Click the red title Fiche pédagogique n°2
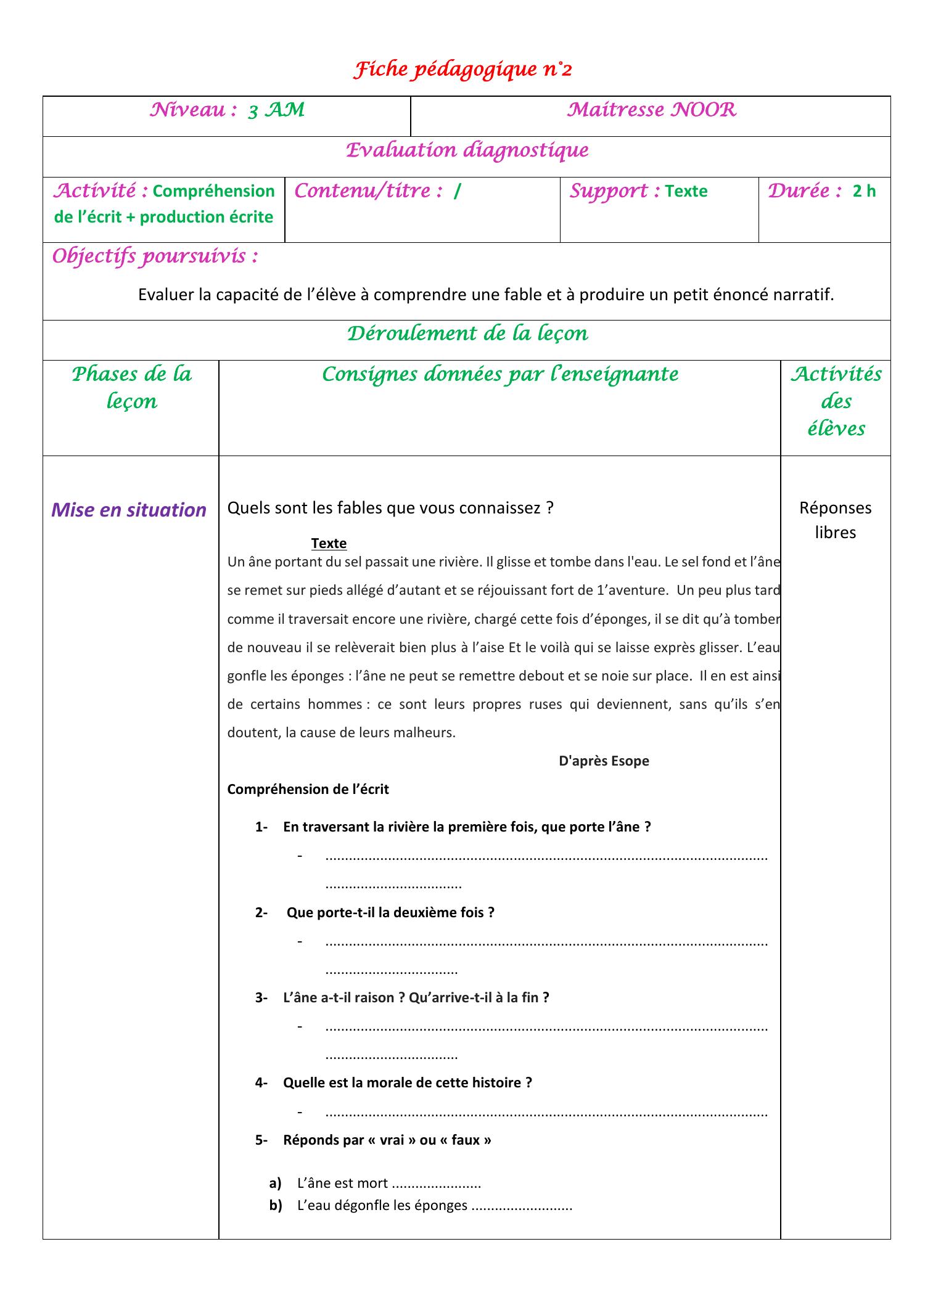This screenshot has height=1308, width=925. point(462,70)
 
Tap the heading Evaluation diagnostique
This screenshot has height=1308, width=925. point(467,150)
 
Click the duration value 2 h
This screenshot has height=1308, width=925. point(864,192)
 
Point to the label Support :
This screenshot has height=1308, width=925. point(614,191)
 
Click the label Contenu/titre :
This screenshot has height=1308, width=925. point(369,191)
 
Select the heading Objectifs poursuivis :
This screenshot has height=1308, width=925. point(155,256)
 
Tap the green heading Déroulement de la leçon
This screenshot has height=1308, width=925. point(467,333)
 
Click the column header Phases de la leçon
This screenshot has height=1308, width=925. point(131,387)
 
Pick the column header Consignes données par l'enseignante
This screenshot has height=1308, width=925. point(499,374)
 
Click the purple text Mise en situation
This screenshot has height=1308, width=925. point(129,510)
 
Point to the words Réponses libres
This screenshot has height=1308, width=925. point(835,520)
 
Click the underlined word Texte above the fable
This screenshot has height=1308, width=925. point(329,543)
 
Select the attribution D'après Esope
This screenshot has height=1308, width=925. point(604,761)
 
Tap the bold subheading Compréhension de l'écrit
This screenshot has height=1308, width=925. point(308,790)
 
